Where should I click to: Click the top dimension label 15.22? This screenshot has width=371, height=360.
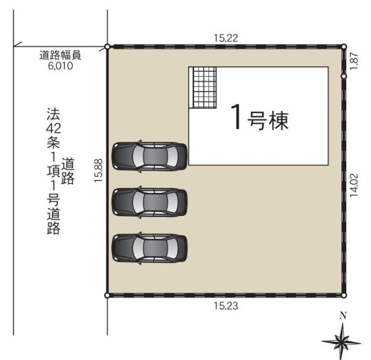pyautogui.click(x=226, y=38)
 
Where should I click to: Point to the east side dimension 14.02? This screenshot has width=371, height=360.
pyautogui.click(x=354, y=184)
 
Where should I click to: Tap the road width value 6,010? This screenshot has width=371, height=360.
pyautogui.click(x=61, y=64)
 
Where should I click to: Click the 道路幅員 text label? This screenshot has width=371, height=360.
pyautogui.click(x=61, y=54)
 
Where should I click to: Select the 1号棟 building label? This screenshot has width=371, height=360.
pyautogui.click(x=259, y=118)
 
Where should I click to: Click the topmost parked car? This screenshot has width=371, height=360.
pyautogui.click(x=149, y=156)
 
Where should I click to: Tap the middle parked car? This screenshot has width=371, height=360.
pyautogui.click(x=149, y=202)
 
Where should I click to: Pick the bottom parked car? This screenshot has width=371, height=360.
pyautogui.click(x=149, y=247)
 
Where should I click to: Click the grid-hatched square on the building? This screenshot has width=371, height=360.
pyautogui.click(x=205, y=87)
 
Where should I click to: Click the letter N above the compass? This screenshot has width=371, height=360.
pyautogui.click(x=343, y=315)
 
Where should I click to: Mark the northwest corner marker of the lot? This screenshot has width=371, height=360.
pyautogui.click(x=108, y=46)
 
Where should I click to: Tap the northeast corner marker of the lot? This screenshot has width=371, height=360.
pyautogui.click(x=344, y=46)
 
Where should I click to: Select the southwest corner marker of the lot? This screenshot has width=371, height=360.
pyautogui.click(x=108, y=295)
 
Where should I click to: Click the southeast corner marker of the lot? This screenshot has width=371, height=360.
pyautogui.click(x=344, y=295)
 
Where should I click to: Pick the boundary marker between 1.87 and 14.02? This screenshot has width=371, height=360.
pyautogui.click(x=344, y=77)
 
